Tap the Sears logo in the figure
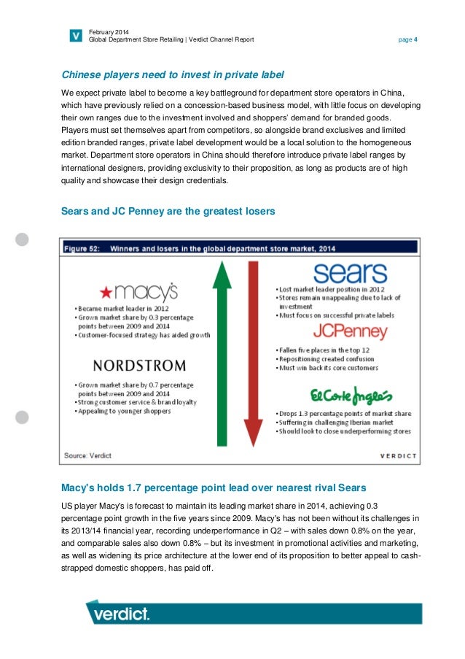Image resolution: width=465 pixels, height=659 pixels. pyautogui.click(x=340, y=274)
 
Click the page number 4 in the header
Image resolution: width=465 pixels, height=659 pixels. pyautogui.click(x=415, y=39)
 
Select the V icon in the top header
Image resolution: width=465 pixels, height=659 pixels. pyautogui.click(x=75, y=34)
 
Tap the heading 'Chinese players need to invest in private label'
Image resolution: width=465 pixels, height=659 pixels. pyautogui.click(x=171, y=74)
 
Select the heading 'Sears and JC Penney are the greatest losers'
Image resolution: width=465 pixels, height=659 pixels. pyautogui.click(x=168, y=212)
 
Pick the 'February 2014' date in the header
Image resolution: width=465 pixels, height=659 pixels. pyautogui.click(x=108, y=31)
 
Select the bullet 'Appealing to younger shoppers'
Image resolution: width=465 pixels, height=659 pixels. pyautogui.click(x=123, y=411)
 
